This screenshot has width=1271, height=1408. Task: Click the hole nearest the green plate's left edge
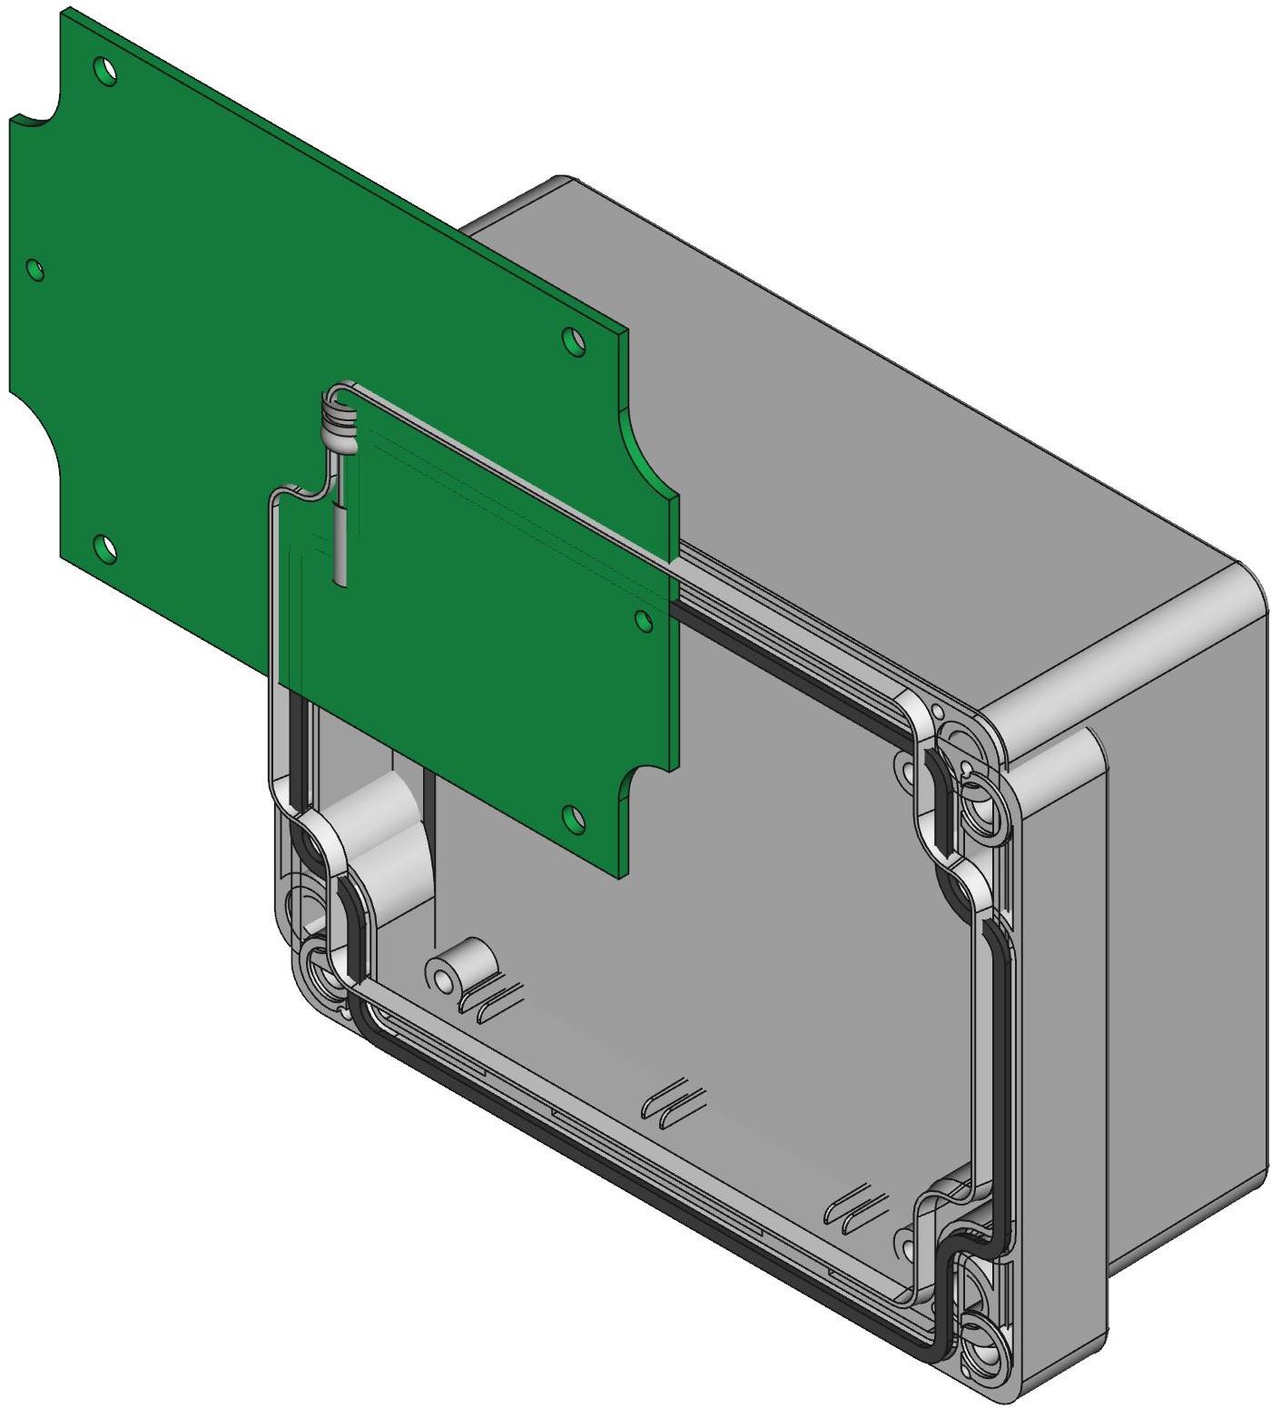tap(35, 269)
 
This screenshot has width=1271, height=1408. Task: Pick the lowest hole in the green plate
tap(571, 817)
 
